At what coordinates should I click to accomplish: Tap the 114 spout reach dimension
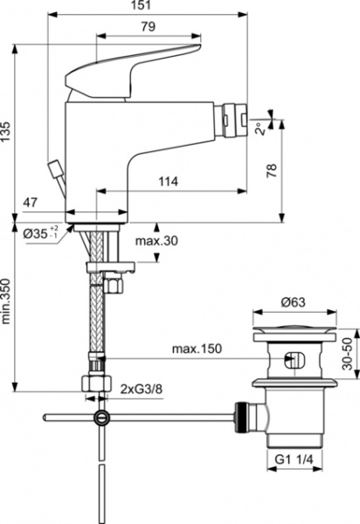point(172,182)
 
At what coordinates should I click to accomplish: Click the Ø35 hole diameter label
point(39,233)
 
